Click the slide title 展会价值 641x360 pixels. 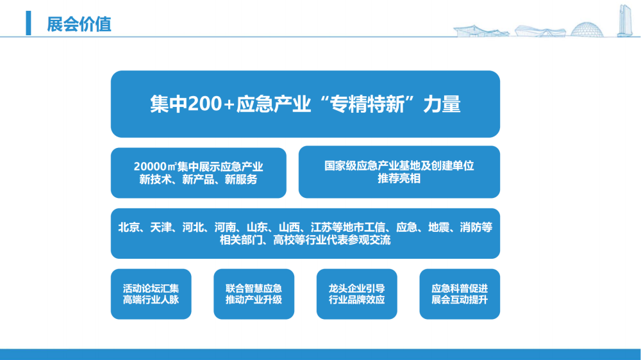point(79,24)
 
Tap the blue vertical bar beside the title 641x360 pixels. point(28,23)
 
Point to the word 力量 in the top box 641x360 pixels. point(442,104)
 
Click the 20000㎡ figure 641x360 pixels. point(155,167)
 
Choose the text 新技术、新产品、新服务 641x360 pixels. point(198,179)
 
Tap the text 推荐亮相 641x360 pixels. point(399,179)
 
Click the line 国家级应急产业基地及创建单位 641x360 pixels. point(399,165)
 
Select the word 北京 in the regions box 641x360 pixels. point(129,227)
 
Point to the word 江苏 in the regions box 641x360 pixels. point(321,227)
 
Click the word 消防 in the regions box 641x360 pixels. point(470,227)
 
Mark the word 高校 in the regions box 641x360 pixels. point(284,240)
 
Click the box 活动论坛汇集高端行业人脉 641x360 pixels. point(151,294)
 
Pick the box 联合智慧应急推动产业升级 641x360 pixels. point(254,294)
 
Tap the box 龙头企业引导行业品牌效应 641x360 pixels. point(357,294)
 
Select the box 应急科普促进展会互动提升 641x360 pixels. point(460,294)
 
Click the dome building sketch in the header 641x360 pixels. point(587,30)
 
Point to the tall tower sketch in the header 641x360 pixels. point(624,21)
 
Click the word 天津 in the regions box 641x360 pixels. point(161,227)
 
